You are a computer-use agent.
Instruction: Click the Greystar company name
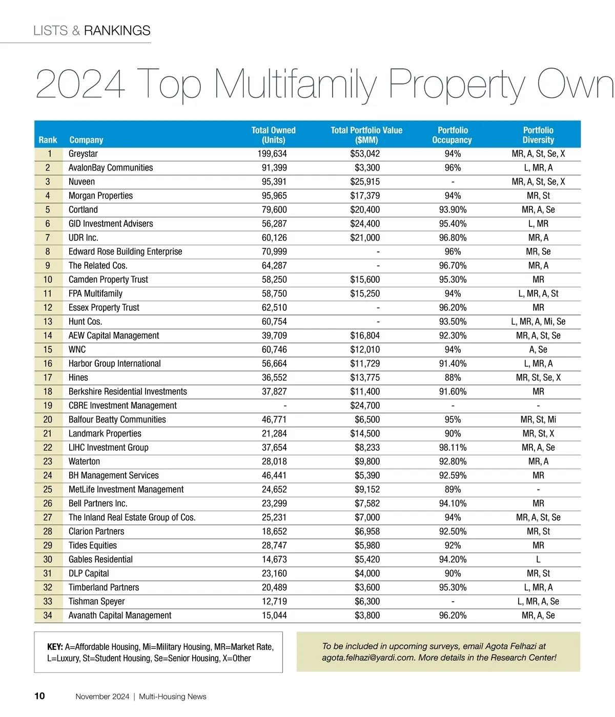83,154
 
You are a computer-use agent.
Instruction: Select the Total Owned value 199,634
272,154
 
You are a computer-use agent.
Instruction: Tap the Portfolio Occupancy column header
452,135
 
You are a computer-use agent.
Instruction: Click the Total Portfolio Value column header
366,135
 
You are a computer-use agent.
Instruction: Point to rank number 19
48,406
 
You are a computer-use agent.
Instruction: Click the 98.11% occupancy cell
453,448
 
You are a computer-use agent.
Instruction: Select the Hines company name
78,377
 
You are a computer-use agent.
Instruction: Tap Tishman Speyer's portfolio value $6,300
367,601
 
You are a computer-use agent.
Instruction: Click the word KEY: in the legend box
55,647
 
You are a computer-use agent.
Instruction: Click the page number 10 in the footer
39,696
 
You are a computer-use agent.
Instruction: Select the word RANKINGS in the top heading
117,31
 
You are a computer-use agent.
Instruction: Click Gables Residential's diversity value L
538,559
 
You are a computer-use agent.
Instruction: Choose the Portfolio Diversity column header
538,135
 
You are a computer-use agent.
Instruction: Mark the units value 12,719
274,601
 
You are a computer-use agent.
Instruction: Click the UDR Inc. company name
84,238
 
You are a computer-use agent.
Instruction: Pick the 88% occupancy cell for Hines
453,377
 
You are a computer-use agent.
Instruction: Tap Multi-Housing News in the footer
173,697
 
